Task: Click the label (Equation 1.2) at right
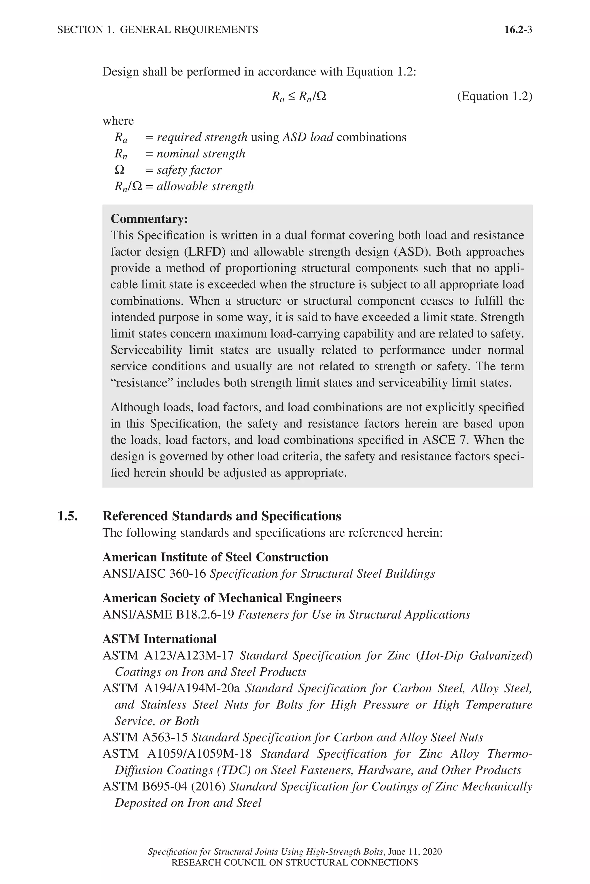pos(494,96)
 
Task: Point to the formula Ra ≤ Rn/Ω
pos(299,97)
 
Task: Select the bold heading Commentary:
pos(150,219)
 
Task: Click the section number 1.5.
pos(68,516)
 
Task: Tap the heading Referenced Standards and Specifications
pos(222,516)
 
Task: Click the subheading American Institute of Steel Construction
pos(215,557)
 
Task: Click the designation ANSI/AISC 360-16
pos(154,574)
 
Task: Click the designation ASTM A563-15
pos(145,738)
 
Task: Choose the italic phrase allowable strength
pos(205,186)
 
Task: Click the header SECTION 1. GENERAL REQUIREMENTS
pos(158,30)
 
